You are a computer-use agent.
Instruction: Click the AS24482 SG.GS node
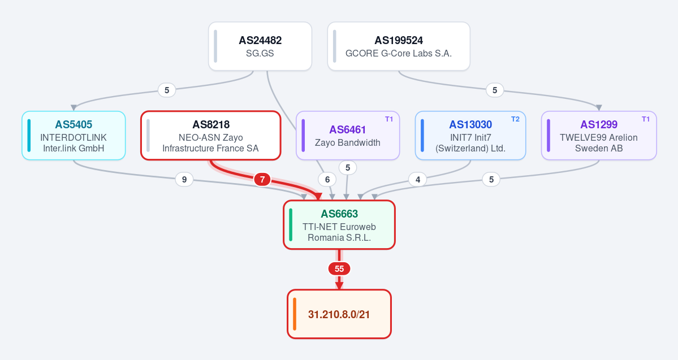(260, 46)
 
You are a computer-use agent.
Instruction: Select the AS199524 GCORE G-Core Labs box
(399, 46)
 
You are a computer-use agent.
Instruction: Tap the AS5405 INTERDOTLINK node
(74, 136)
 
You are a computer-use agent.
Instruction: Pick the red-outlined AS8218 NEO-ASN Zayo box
(210, 136)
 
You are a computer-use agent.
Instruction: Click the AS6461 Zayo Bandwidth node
(348, 136)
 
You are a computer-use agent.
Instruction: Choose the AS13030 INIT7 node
(470, 136)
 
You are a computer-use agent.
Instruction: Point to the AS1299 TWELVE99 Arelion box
(599, 136)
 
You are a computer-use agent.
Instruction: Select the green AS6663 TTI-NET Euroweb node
(339, 225)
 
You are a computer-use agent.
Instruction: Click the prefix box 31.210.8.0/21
(339, 314)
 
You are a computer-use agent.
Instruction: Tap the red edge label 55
(339, 269)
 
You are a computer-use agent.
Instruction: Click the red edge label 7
(262, 179)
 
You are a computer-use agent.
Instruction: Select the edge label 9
(184, 179)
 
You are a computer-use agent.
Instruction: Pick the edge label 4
(418, 179)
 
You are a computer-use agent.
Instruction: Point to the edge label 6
(327, 179)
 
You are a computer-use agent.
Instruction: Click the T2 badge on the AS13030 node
(515, 119)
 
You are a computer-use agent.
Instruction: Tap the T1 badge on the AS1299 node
(646, 119)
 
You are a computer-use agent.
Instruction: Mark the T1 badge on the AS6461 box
(389, 119)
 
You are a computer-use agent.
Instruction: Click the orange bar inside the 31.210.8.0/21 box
(295, 314)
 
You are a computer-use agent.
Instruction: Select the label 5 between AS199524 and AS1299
(495, 90)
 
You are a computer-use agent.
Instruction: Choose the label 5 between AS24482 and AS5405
(167, 90)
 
